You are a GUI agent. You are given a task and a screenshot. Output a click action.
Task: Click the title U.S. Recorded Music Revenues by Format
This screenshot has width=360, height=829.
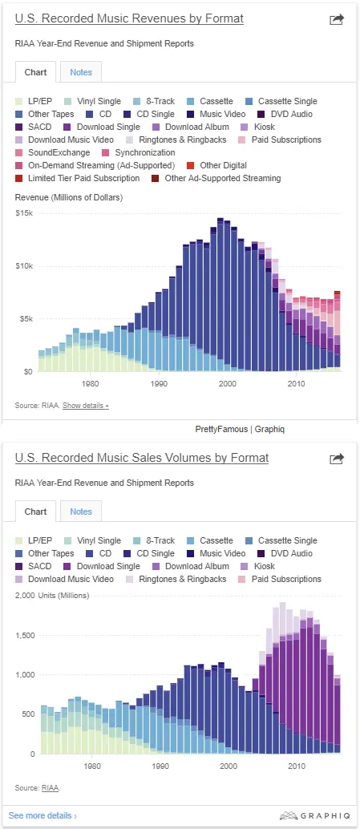click(129, 19)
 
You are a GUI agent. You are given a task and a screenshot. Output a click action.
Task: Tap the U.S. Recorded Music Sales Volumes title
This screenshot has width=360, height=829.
click(142, 458)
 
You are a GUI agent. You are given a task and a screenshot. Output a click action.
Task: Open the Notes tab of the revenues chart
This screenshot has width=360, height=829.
click(81, 72)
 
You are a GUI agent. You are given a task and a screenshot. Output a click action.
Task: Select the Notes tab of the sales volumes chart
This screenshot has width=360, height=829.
click(81, 512)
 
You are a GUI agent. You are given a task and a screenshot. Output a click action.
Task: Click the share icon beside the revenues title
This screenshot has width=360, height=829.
click(337, 19)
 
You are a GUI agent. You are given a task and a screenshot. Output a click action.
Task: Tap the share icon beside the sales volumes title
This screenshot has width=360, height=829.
click(337, 459)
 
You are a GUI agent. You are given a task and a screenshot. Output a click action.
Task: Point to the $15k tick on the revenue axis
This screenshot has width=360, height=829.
click(24, 213)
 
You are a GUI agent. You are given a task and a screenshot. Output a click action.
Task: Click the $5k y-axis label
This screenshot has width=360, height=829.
click(26, 319)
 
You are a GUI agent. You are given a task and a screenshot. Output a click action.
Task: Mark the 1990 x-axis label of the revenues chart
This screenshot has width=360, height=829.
click(159, 382)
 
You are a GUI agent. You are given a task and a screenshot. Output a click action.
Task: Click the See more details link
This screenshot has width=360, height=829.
click(42, 816)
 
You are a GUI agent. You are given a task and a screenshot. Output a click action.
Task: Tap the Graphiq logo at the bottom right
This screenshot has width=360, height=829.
click(314, 816)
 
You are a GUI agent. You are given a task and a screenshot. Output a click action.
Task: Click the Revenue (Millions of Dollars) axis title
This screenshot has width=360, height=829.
click(69, 198)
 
